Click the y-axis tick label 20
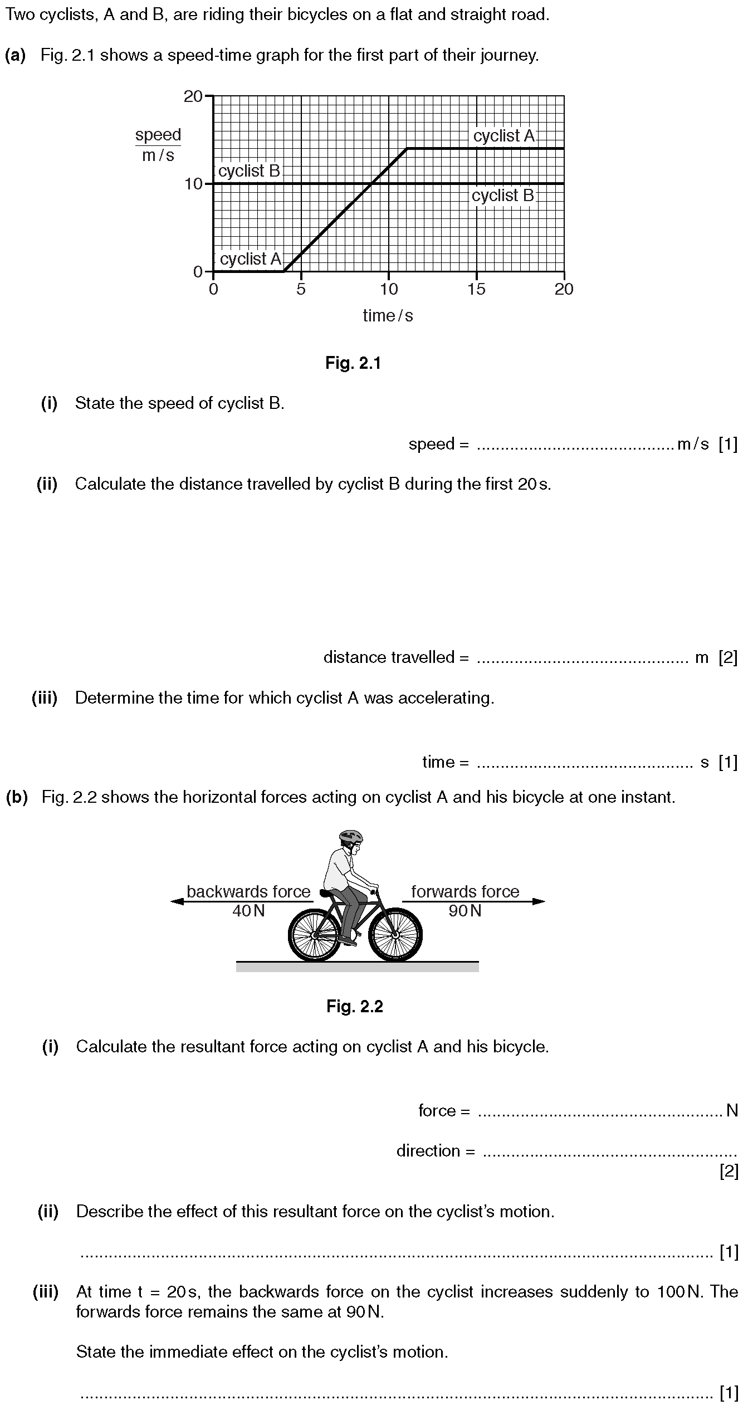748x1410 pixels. coord(193,96)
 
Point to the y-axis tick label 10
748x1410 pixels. coord(193,184)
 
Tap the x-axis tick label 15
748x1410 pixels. coord(476,289)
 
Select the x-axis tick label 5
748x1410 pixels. coord(301,289)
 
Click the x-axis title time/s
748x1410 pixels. coord(388,316)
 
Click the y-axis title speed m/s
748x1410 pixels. coord(158,145)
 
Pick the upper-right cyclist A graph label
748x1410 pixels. coord(503,136)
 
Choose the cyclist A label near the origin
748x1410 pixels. coord(251,259)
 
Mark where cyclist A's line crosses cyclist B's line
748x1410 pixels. coord(371,183)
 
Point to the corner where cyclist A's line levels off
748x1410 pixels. coord(407,148)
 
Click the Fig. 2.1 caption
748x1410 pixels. coord(353,364)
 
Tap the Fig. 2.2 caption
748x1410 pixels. coord(355,1006)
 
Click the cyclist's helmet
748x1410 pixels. coord(350,836)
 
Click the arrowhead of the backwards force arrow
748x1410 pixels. coord(176,901)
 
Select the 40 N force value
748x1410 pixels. coord(248,911)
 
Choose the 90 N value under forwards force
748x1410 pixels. coord(465,911)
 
